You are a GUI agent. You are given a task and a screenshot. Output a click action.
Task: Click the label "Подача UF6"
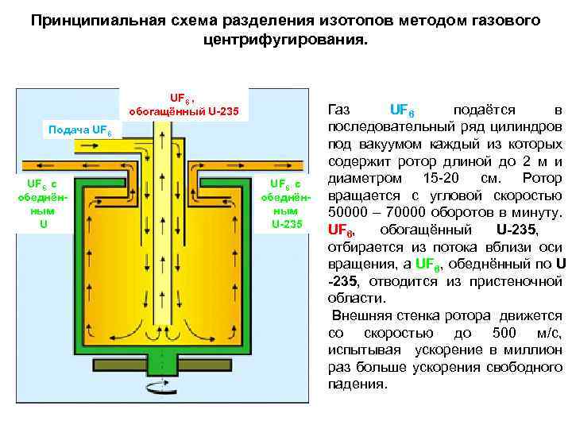81,129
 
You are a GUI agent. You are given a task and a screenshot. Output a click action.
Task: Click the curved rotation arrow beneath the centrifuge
158,386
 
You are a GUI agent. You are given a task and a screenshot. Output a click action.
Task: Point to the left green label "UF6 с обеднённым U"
44,204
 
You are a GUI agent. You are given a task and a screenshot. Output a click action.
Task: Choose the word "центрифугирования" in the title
285,38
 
